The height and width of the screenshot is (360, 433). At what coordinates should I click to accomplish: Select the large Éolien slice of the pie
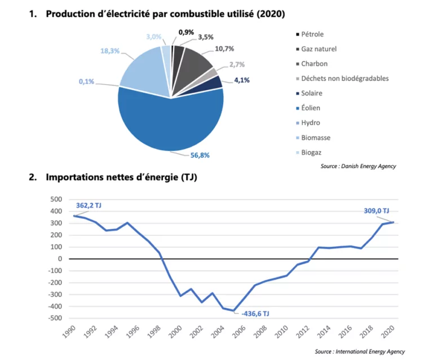tap(169, 121)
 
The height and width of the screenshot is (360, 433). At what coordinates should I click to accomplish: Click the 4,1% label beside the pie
tap(241, 80)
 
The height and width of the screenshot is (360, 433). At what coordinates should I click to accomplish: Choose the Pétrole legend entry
tap(313, 34)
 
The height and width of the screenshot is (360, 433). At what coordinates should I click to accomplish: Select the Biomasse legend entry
tap(316, 137)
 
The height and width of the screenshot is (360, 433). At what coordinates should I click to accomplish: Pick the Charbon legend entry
tap(314, 64)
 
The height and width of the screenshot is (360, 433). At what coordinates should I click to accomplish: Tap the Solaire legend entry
tap(313, 93)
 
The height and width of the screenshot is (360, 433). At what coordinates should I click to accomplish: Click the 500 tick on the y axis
tap(55, 200)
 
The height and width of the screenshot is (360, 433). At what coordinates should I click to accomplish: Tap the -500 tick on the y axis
tap(54, 318)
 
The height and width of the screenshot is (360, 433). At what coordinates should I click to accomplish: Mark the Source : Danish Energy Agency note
tap(359, 166)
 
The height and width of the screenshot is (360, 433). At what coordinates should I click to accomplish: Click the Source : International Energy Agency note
tap(359, 352)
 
